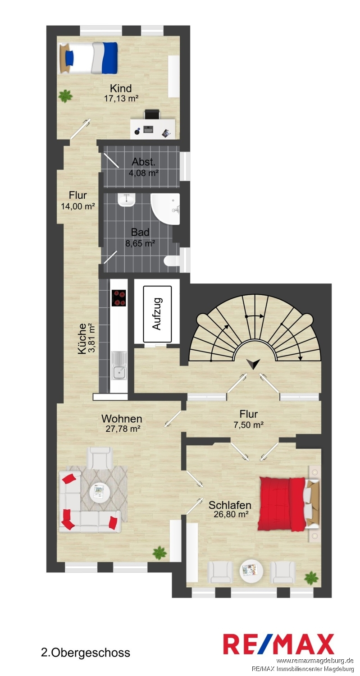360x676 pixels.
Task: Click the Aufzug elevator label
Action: (157, 314)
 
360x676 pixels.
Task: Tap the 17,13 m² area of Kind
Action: (121, 98)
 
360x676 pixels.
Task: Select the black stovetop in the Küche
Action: (118, 298)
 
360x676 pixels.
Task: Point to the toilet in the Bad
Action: (173, 261)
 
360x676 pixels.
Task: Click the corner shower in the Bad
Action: (165, 209)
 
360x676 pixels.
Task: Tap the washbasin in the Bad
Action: (127, 200)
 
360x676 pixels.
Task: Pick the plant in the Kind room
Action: (65, 96)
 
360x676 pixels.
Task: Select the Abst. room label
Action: (143, 162)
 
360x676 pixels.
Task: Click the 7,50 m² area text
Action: (249, 425)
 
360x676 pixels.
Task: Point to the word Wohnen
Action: (122, 419)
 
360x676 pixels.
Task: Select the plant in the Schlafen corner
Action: (311, 578)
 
